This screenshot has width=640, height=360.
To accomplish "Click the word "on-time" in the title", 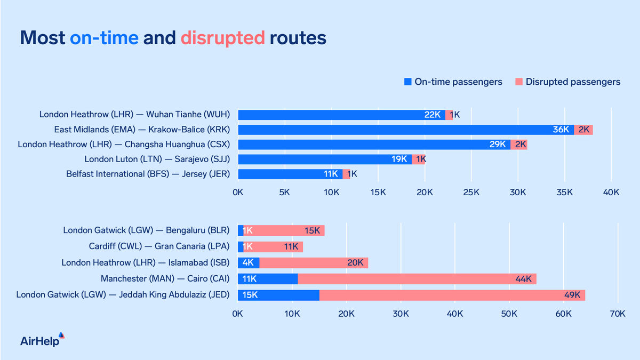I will click(x=104, y=38).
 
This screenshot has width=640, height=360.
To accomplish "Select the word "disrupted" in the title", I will click(x=222, y=38).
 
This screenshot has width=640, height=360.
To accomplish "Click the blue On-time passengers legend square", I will click(x=408, y=82).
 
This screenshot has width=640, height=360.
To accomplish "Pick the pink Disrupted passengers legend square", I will click(x=519, y=82).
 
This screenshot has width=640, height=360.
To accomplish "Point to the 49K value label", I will click(x=572, y=295).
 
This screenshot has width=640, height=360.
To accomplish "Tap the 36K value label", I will click(x=562, y=130).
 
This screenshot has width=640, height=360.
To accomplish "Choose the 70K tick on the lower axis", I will click(x=617, y=315).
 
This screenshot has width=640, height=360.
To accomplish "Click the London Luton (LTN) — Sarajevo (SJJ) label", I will click(x=157, y=159).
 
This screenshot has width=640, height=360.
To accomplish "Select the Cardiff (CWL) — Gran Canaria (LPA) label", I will click(x=159, y=246).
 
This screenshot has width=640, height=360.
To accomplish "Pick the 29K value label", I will click(x=499, y=145).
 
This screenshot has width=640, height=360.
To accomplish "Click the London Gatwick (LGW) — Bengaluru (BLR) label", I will click(x=146, y=230).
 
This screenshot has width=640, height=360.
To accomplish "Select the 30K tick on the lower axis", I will click(x=401, y=315).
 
